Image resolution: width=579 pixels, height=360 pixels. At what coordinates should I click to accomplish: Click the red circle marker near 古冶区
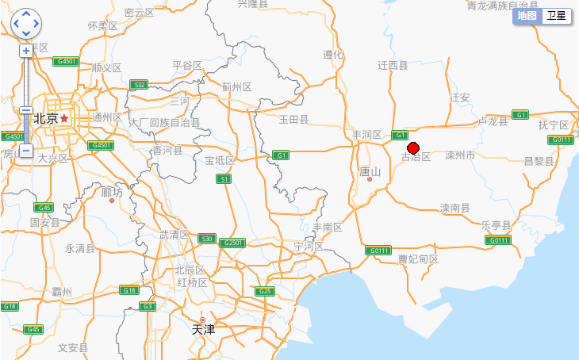pyautogui.click(x=412, y=147)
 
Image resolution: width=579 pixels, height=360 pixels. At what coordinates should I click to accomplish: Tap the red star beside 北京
pyautogui.click(x=64, y=118)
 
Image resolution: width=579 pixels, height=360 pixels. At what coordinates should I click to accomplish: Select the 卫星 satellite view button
pyautogui.click(x=556, y=16)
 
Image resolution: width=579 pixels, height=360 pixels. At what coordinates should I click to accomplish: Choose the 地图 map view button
pyautogui.click(x=527, y=16)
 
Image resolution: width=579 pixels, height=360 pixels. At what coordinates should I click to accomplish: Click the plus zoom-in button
pyautogui.click(x=26, y=51)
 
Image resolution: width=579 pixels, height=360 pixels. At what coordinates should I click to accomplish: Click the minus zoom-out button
pyautogui.click(x=26, y=151)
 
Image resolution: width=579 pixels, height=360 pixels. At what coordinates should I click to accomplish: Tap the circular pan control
pyautogui.click(x=26, y=24)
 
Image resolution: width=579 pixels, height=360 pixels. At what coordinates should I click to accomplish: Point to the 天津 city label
pyautogui.click(x=203, y=328)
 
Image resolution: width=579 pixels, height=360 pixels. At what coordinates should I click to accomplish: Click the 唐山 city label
pyautogui.click(x=370, y=171)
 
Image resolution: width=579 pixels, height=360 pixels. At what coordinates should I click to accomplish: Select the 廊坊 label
pyautogui.click(x=112, y=191)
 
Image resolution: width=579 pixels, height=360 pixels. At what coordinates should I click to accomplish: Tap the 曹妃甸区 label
pyautogui.click(x=418, y=259)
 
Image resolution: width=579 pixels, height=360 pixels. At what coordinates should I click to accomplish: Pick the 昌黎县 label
pyautogui.click(x=539, y=161)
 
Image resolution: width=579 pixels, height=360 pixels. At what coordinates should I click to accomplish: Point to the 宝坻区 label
pyautogui.click(x=220, y=161)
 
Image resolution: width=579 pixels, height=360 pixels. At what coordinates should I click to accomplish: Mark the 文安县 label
pyautogui.click(x=73, y=347)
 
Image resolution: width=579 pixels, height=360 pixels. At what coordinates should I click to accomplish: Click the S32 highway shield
pyautogui.click(x=139, y=84)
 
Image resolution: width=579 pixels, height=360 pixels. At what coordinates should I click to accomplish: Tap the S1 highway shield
pyautogui.click(x=225, y=179)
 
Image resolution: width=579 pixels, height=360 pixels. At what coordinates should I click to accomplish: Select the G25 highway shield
pyautogui.click(x=265, y=291)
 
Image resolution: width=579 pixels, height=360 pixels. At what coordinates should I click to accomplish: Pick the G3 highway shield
pyautogui.click(x=147, y=306)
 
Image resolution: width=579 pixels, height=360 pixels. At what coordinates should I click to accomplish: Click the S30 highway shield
pyautogui.click(x=208, y=238)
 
